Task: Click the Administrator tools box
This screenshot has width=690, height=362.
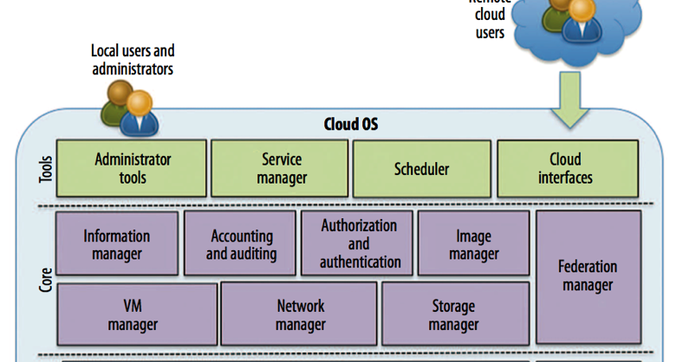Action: (132, 169)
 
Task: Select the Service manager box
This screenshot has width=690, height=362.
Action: (280, 169)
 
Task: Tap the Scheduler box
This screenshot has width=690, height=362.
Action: (421, 169)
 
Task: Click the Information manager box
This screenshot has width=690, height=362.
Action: (117, 244)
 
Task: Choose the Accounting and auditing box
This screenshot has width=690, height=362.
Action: (242, 244)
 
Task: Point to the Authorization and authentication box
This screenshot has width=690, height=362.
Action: (358, 243)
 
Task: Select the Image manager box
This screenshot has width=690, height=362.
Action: (474, 244)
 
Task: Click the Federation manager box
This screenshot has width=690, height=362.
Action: (589, 275)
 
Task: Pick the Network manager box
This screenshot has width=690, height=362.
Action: (299, 315)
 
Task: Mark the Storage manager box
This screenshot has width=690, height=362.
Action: (454, 315)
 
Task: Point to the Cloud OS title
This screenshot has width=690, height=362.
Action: (344, 125)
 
